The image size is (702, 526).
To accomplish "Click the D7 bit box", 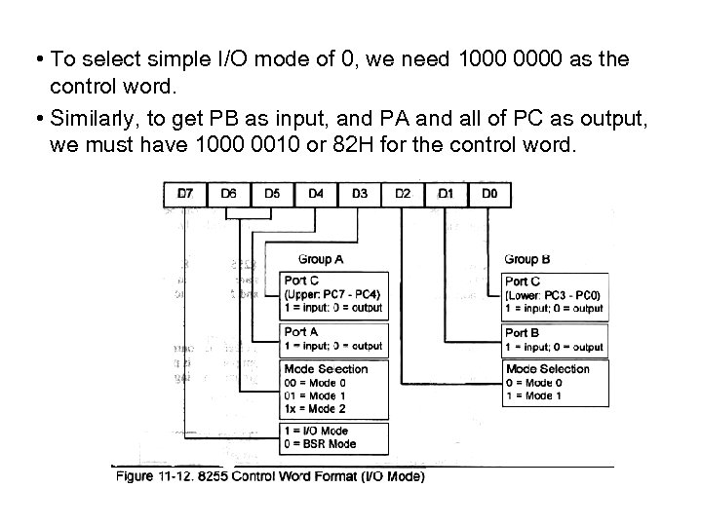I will pos(184,194).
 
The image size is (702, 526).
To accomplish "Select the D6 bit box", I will pos(228,194).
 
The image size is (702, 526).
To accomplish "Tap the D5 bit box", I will pos(272,194).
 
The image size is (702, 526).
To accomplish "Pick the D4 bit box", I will pos(316,194).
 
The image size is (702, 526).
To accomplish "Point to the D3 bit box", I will pos(360,194).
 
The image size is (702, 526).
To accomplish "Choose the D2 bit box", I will pos(404,194).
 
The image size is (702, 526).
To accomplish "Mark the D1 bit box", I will pos(447,194).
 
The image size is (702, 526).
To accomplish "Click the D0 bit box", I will pos(489,194).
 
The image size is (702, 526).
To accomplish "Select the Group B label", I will pos(527,259).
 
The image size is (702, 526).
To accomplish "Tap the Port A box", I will pos(333,339).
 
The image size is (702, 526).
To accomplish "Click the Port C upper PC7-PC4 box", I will pos(333,294).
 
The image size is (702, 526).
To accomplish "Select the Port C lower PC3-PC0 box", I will pos(555,295).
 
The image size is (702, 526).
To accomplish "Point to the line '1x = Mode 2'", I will pos(315,409).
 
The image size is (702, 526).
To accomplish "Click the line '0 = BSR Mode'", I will pos(319,444).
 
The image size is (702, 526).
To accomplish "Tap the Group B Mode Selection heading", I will pos(548,369).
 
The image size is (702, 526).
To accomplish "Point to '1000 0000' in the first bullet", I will pos(493,60).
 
